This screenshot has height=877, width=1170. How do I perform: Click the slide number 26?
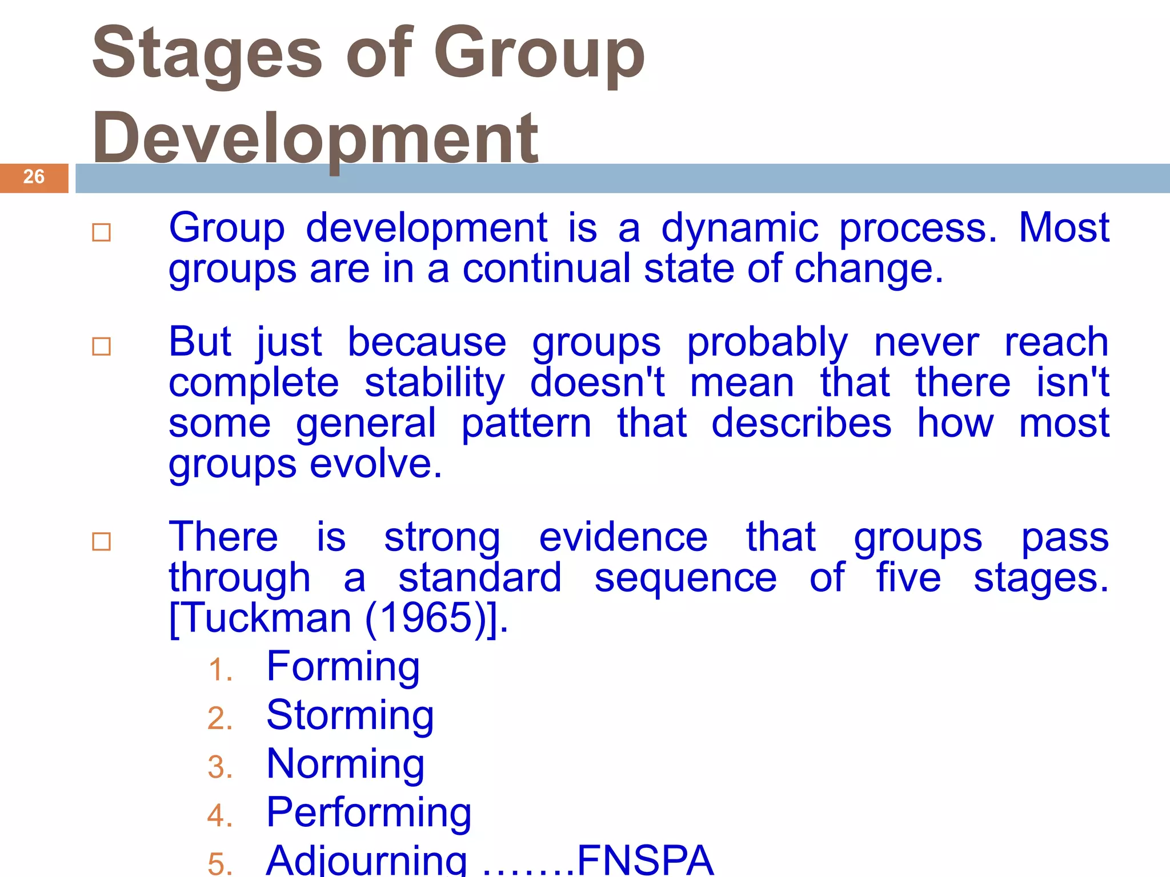point(34,177)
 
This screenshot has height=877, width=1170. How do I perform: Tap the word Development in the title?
point(315,139)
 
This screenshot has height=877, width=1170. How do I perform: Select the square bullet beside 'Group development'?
point(102,232)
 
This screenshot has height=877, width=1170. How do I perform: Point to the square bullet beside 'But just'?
point(102,346)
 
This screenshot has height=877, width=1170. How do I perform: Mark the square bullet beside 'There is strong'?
point(102,541)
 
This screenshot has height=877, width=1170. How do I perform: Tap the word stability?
point(435,383)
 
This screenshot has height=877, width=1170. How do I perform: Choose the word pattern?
point(526,424)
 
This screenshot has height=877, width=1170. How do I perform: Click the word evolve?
point(376,464)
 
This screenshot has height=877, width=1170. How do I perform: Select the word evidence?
point(623,538)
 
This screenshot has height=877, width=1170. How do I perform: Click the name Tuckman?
point(267,618)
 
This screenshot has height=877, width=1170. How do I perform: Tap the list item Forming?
point(343,667)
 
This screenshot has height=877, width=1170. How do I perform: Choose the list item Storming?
point(350,715)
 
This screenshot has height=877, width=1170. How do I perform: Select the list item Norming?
point(345,764)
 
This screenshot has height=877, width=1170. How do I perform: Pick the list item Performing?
point(368,812)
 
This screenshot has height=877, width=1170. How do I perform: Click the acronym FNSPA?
point(645,859)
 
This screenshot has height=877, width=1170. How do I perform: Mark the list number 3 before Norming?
point(220,767)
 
